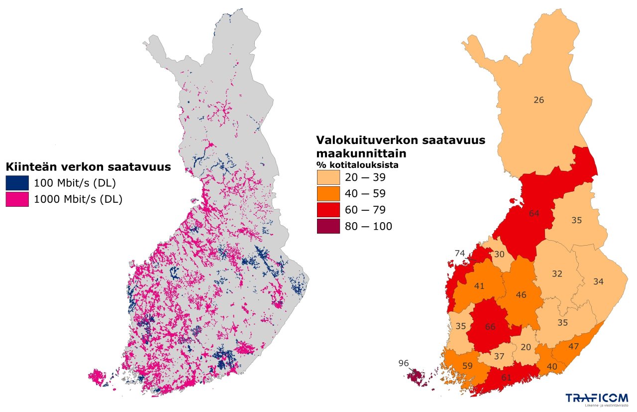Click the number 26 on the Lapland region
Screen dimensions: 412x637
click(x=538, y=100)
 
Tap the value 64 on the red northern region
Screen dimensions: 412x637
click(x=534, y=213)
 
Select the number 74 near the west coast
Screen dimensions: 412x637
click(x=459, y=253)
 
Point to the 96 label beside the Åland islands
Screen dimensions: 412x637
click(x=403, y=363)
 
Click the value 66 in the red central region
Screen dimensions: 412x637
click(x=490, y=327)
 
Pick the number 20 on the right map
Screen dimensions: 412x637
click(x=526, y=347)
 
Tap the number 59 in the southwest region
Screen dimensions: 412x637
click(x=467, y=366)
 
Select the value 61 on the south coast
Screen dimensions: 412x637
click(x=506, y=378)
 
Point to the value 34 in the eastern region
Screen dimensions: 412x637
click(x=598, y=282)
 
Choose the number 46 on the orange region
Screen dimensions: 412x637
click(x=521, y=295)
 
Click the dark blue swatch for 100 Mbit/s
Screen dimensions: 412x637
click(x=17, y=182)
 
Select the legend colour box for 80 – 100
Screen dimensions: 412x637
click(x=328, y=226)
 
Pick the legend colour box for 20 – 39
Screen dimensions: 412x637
click(x=328, y=177)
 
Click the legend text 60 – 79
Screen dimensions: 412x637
click(x=368, y=210)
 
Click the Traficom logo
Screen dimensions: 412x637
click(x=596, y=399)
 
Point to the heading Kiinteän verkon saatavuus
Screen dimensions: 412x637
click(x=88, y=167)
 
